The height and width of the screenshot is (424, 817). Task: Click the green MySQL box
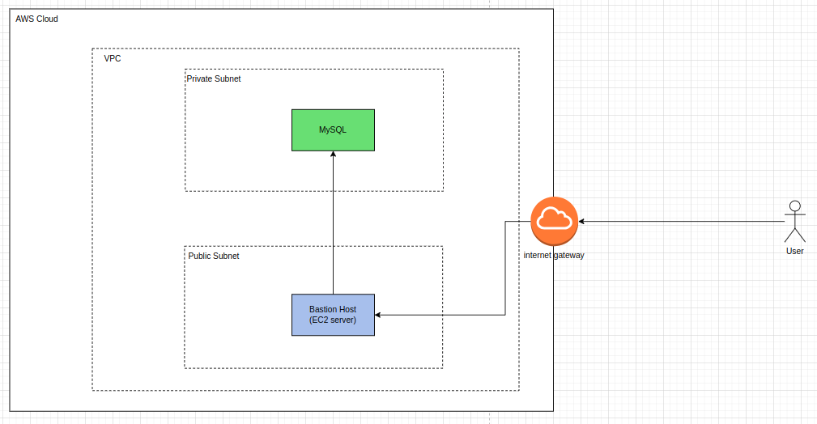(x=333, y=130)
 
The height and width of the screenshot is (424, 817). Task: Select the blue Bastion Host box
(x=333, y=315)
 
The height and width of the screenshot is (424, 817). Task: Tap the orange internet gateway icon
(x=555, y=221)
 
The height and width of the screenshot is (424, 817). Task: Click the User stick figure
(x=794, y=222)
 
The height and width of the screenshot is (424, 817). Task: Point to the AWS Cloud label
(x=36, y=19)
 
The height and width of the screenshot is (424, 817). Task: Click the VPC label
(x=113, y=58)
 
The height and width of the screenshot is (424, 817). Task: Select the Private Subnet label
(x=214, y=78)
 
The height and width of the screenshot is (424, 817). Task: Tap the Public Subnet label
(x=214, y=256)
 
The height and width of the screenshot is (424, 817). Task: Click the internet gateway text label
(x=554, y=255)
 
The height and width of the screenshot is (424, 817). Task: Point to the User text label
(x=794, y=251)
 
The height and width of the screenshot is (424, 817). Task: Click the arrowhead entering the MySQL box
(x=333, y=155)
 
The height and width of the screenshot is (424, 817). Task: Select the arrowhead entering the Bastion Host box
(x=378, y=315)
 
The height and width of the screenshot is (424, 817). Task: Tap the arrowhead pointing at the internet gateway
(x=581, y=222)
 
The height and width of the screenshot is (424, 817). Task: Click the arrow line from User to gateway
(x=682, y=222)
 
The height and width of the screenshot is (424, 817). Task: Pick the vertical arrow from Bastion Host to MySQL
(x=333, y=223)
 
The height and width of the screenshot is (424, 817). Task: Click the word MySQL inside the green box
(x=333, y=129)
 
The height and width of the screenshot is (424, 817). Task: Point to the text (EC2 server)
(x=333, y=320)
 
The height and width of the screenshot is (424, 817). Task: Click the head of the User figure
(x=794, y=206)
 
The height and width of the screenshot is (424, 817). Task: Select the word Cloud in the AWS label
(x=48, y=19)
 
